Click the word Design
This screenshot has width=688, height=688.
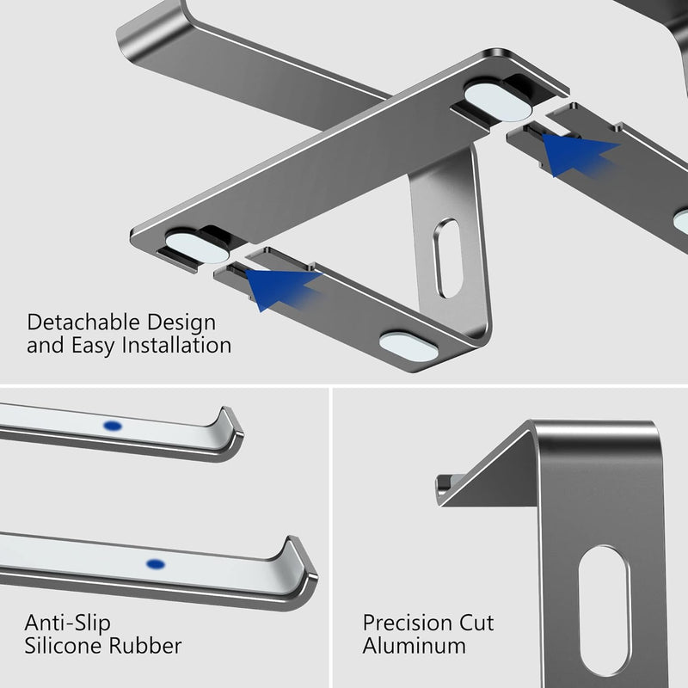tap(180, 324)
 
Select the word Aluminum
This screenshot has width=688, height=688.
tap(414, 645)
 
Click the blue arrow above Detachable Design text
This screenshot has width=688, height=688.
tap(281, 285)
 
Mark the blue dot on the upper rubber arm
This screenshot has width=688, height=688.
tap(112, 426)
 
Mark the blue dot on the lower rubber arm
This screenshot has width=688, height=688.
tap(155, 564)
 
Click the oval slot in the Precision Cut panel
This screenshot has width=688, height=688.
tap(605, 610)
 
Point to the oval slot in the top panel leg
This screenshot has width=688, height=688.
tap(448, 258)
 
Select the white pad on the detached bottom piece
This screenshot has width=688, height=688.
tap(408, 346)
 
